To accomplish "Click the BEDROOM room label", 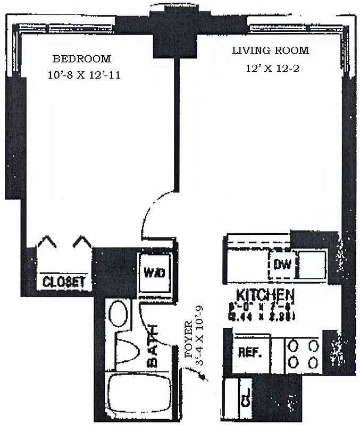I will tap(81, 58).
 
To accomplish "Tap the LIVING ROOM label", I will tap(270, 51).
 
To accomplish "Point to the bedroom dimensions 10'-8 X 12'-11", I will tap(83, 75).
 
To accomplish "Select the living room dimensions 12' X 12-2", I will tap(270, 68).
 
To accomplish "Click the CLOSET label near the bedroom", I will tap(64, 281).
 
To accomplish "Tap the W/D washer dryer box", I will tap(154, 273).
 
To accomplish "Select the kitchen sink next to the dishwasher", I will tap(311, 264).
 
